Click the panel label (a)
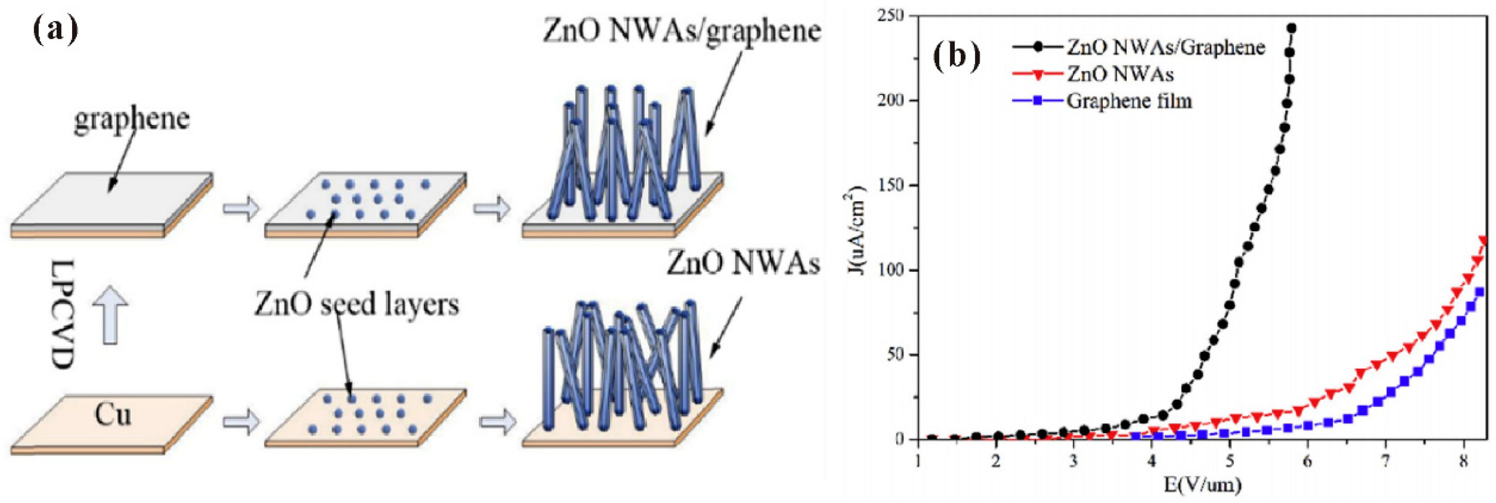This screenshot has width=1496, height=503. [55, 30]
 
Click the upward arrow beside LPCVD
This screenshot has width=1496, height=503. [111, 314]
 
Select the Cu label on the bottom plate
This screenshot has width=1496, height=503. [113, 415]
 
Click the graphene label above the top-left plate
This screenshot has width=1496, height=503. [132, 119]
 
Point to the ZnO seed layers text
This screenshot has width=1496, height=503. [357, 304]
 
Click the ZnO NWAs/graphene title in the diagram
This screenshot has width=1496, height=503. [682, 30]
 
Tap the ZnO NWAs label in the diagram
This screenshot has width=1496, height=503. [743, 263]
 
